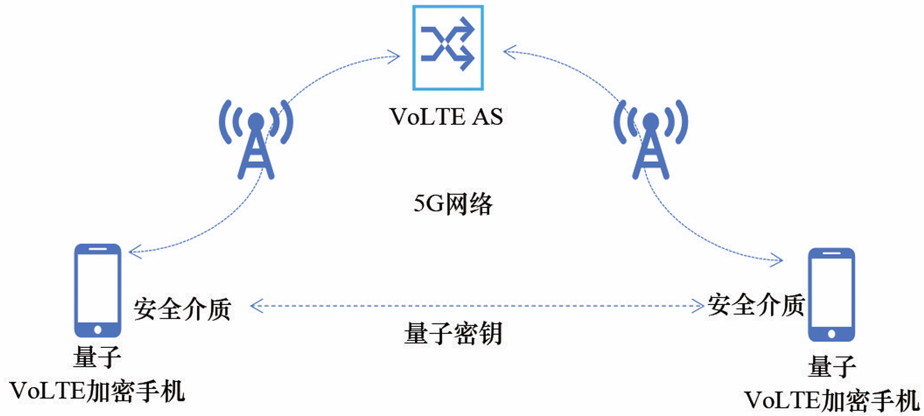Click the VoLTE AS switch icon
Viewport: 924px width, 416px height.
(x=448, y=47)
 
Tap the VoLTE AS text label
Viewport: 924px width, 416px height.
(x=446, y=117)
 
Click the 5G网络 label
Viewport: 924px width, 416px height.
(x=453, y=204)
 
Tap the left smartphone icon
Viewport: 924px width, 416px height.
(x=98, y=291)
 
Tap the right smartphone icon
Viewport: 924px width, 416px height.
(x=831, y=295)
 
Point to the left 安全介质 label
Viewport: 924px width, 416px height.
(x=183, y=309)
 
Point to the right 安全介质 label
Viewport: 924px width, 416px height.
(x=756, y=306)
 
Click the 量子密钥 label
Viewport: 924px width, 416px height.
(x=453, y=334)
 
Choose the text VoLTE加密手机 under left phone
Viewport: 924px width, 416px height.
(x=98, y=391)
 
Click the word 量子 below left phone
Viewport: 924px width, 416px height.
(x=98, y=358)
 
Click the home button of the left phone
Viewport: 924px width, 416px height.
(x=98, y=330)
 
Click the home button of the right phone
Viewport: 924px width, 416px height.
(x=831, y=334)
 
